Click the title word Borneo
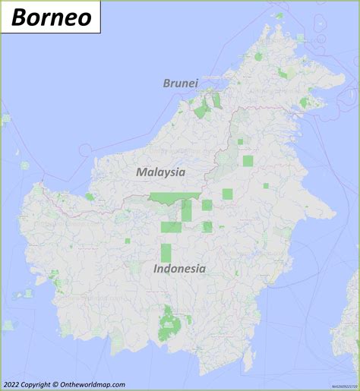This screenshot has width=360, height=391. coord(51,15)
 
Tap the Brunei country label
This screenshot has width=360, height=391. coord(180,83)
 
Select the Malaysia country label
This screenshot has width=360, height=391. coord(160,172)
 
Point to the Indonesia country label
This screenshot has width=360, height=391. coord(179,268)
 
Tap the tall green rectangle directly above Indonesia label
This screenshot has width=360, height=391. coord(166,254)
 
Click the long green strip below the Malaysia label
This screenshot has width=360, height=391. coord(170,198)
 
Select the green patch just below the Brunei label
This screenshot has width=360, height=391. coord(201,112)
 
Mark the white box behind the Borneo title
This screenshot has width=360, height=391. coord(51,16)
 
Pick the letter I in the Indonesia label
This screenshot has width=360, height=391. coord(156,268)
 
